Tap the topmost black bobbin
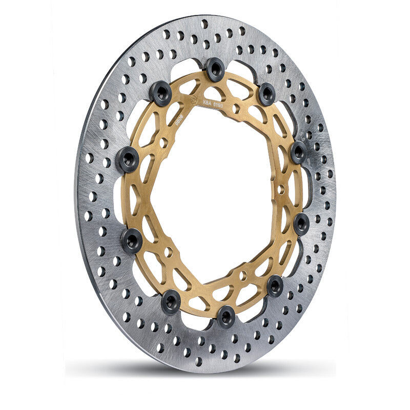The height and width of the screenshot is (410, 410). pyautogui.click(x=215, y=68)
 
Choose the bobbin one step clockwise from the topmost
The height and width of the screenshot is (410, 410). pyautogui.click(x=267, y=93)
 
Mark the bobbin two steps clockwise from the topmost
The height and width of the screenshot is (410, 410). pyautogui.click(x=298, y=151)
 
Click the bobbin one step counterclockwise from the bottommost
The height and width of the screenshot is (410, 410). pyautogui.click(x=275, y=285)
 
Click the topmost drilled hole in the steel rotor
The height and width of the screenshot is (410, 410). pyautogui.click(x=204, y=24)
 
